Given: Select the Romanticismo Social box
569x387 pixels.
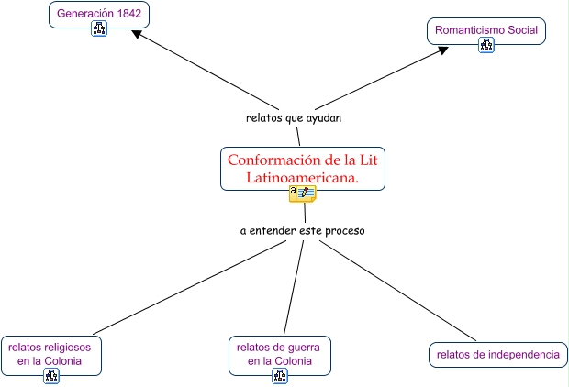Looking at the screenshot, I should pyautogui.click(x=486, y=30).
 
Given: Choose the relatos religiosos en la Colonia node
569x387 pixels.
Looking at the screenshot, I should pyautogui.click(x=50, y=354).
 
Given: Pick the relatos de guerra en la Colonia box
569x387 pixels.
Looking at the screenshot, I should pyautogui.click(x=280, y=354).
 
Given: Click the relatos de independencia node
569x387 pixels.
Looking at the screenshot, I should pyautogui.click(x=497, y=354).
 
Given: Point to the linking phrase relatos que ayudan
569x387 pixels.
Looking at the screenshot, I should pyautogui.click(x=294, y=118).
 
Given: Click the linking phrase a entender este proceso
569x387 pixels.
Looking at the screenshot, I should pyautogui.click(x=302, y=230).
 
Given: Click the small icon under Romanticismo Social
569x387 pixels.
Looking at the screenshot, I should pyautogui.click(x=486, y=45).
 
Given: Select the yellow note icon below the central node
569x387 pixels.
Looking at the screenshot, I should pyautogui.click(x=302, y=193).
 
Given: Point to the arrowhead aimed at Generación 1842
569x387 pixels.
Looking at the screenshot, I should pyautogui.click(x=137, y=34).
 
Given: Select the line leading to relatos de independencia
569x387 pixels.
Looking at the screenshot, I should pyautogui.click(x=404, y=291).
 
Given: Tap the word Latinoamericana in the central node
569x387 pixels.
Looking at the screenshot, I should pyautogui.click(x=302, y=177).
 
